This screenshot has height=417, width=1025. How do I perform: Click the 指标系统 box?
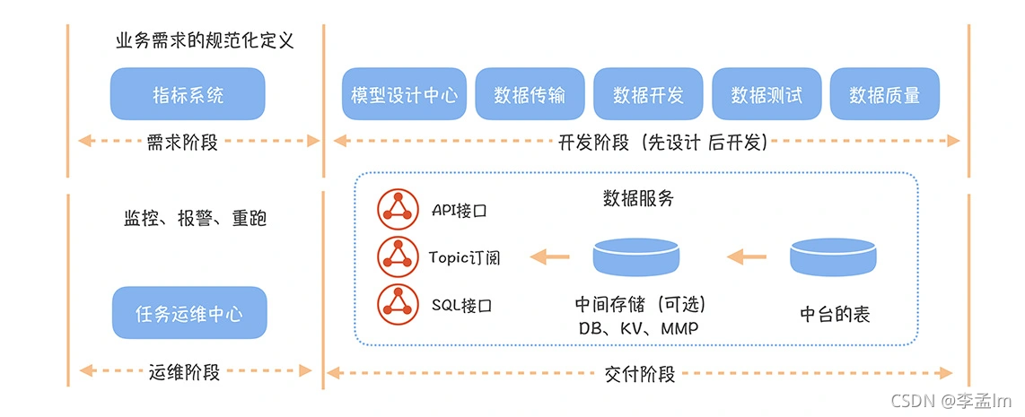(188, 94)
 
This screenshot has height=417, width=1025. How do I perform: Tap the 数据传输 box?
(529, 94)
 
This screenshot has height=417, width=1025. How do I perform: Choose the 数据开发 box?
(648, 94)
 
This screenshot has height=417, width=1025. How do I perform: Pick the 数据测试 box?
(767, 94)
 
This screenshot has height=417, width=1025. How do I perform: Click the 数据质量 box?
(884, 94)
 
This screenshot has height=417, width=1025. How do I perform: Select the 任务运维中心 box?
(188, 314)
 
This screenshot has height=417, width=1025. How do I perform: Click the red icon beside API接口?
(397, 209)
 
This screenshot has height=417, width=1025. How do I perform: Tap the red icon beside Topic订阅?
(397, 257)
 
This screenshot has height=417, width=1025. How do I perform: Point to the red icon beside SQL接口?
(397, 305)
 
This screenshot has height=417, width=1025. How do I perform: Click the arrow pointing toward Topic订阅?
(549, 257)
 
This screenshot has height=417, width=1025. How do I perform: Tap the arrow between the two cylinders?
(746, 257)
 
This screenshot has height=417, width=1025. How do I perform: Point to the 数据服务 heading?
(637, 199)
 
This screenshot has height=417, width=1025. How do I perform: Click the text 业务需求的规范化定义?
(206, 40)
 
